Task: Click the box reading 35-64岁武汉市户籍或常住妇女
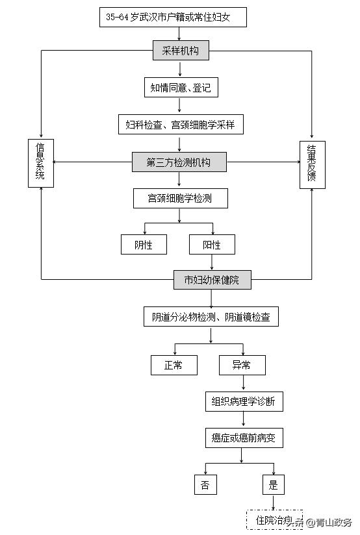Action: coord(174,18)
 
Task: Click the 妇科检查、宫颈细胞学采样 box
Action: coord(180,124)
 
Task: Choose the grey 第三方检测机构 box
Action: coord(179,162)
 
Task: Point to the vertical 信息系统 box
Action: coord(40,164)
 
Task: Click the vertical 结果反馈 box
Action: coord(312,164)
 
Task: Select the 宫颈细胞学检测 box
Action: coord(180,198)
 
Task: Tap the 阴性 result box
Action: coord(144,245)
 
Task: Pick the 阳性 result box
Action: coord(212,245)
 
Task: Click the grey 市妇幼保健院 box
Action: coord(212,280)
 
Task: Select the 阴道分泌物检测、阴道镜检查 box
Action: coord(211,317)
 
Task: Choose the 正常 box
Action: coord(174,366)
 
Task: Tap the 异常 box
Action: coord(242,366)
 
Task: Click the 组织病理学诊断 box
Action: coord(243,402)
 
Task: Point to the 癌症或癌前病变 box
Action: coord(243,438)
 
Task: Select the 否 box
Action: coord(205,485)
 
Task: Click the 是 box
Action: coord(273,485)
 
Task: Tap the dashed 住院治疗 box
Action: coord(273,520)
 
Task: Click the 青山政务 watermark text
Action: coord(333,523)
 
